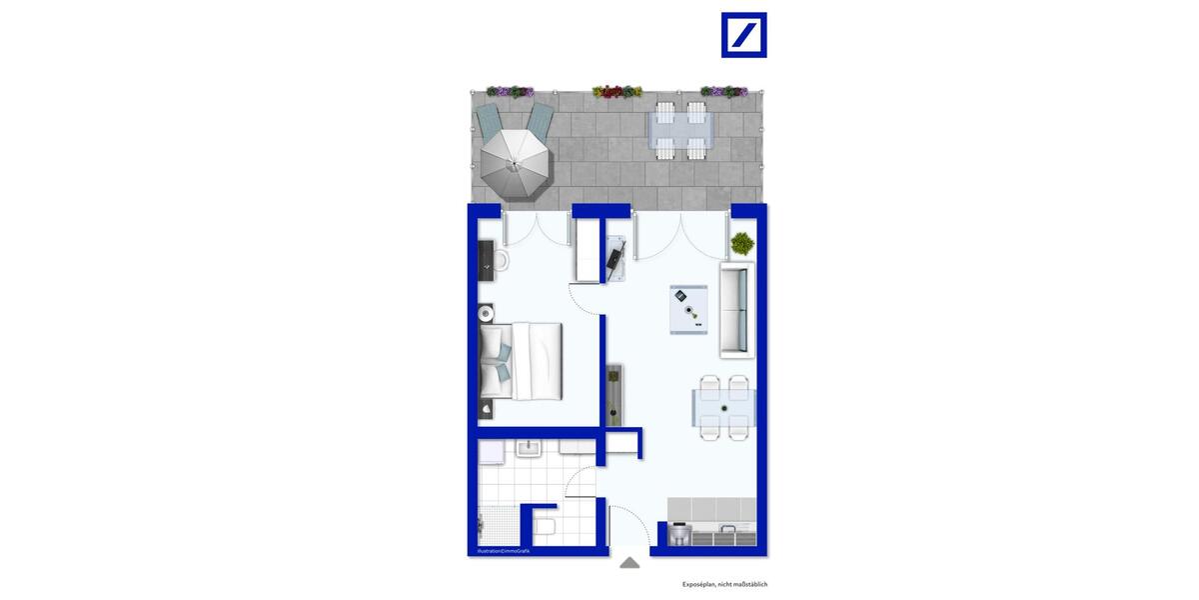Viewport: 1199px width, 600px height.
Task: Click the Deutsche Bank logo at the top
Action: (x=743, y=35)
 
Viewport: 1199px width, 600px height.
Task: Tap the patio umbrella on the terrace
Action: (x=515, y=160)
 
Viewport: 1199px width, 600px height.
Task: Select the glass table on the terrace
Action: (x=682, y=129)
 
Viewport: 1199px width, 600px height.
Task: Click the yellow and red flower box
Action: (x=616, y=92)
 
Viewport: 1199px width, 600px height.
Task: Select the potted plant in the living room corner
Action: (x=742, y=242)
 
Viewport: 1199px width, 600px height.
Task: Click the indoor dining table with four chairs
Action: (x=724, y=407)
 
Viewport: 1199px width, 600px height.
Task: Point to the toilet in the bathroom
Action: (x=546, y=525)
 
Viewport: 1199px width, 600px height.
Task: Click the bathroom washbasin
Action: (x=529, y=449)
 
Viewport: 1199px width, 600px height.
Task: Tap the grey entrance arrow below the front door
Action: (x=629, y=563)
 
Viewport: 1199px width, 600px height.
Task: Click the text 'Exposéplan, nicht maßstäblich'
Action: (x=724, y=584)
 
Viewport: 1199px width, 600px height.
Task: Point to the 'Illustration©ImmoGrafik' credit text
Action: (x=503, y=551)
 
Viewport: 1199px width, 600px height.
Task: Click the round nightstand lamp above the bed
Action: (x=487, y=312)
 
